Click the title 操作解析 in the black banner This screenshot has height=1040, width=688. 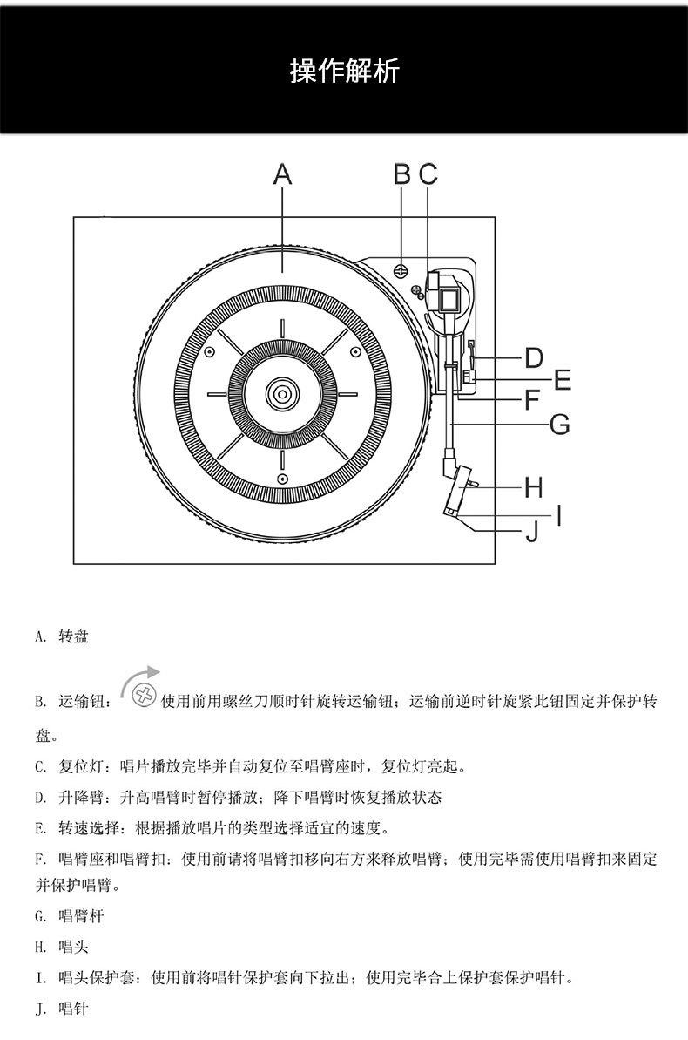click(344, 71)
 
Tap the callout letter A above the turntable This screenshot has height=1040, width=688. click(282, 175)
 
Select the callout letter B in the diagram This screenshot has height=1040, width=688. click(401, 174)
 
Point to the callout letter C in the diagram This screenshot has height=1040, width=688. click(428, 174)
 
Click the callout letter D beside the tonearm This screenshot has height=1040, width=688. click(534, 357)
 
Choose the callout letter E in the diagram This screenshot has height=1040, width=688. click(562, 380)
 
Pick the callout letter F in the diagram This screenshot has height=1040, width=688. click(533, 401)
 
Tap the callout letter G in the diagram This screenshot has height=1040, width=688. click(560, 425)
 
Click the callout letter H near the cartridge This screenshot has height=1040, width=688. click(534, 487)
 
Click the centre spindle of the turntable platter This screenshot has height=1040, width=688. click(282, 394)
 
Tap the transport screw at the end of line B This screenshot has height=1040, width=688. click(401, 269)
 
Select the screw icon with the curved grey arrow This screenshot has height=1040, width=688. click(143, 695)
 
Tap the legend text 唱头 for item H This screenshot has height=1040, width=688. click(73, 946)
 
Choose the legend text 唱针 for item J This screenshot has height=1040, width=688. click(73, 1009)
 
